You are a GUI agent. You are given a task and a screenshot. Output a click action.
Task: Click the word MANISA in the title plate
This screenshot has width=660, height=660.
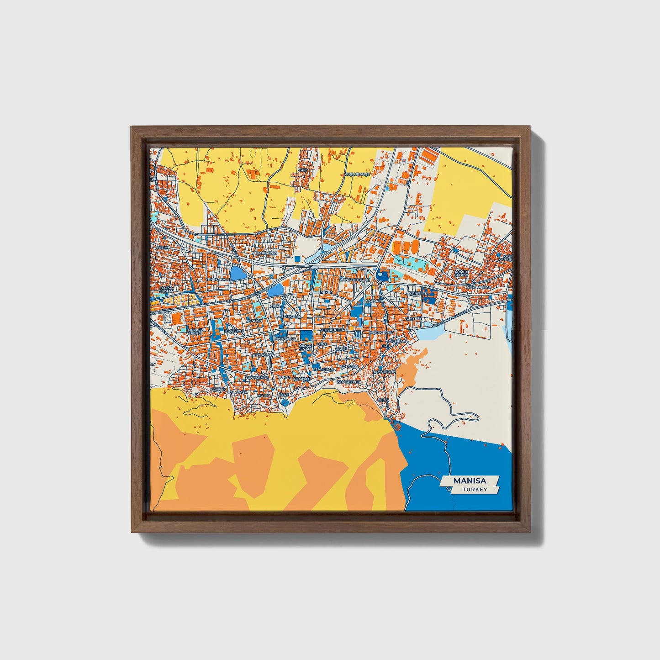click(470, 481)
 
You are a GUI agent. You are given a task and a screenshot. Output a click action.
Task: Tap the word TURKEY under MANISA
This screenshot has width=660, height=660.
click(474, 489)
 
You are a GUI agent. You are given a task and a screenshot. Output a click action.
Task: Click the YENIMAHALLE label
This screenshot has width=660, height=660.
click(219, 279)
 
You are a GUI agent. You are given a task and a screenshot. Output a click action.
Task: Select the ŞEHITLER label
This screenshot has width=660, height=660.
click(418, 294)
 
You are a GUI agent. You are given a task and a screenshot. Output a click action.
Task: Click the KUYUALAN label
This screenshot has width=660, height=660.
click(264, 354)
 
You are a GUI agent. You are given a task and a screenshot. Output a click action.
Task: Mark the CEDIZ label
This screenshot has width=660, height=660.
click(383, 400)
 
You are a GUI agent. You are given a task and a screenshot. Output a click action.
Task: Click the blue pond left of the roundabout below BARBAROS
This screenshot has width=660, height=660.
click(238, 273)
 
